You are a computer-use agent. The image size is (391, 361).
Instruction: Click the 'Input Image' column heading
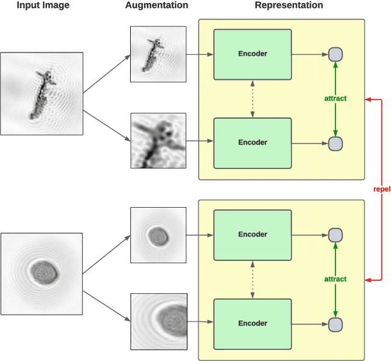[x=43, y=6]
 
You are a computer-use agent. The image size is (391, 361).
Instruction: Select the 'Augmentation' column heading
[x=156, y=6]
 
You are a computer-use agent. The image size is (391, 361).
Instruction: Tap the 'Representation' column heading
[x=289, y=6]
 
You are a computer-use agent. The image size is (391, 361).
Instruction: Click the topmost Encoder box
[x=252, y=54]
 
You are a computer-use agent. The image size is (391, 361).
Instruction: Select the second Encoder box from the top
[x=252, y=142]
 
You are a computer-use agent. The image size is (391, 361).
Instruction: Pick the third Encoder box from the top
[x=252, y=234]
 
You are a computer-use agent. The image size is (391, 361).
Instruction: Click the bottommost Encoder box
[x=252, y=323]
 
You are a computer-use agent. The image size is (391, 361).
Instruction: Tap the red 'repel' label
[x=382, y=189]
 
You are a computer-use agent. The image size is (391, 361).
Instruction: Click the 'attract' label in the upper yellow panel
[x=335, y=98]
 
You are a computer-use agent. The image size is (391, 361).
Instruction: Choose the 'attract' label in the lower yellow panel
[x=335, y=279]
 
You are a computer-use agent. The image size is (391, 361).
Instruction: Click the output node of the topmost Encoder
[x=335, y=54]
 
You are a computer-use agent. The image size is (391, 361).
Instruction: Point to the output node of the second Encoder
[x=335, y=144]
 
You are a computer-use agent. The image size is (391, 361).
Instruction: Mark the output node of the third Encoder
[x=335, y=234]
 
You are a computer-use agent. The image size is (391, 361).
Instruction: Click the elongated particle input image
[x=42, y=93]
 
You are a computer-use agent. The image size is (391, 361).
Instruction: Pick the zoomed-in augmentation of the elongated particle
[x=158, y=140]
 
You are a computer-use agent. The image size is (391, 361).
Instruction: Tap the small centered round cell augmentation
[x=158, y=235]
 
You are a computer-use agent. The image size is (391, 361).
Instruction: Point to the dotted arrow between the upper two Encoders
[x=252, y=98]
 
